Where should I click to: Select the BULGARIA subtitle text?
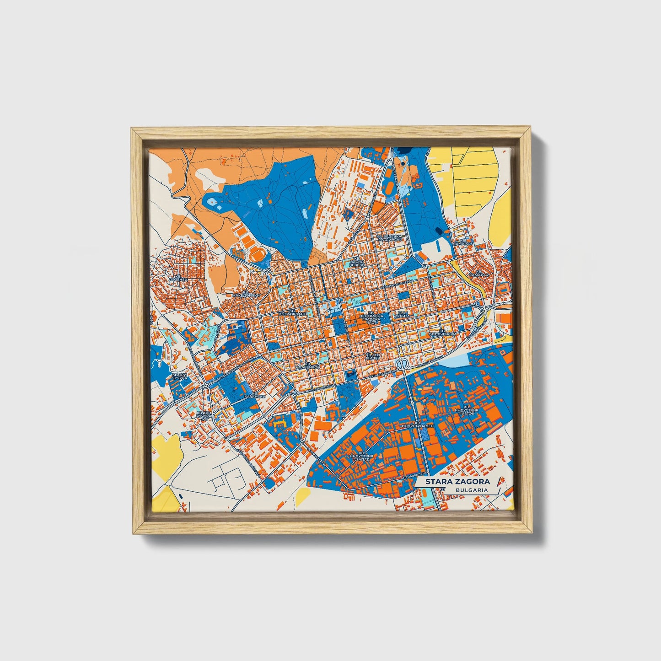coord(471,490)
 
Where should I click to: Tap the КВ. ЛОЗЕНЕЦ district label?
coord(178,277)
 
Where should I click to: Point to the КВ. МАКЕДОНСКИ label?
coord(246,294)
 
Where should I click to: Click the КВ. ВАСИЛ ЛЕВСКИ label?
coord(357,262)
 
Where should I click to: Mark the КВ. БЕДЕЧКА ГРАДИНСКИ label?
coord(389,238)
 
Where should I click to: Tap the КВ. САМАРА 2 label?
coord(481,273)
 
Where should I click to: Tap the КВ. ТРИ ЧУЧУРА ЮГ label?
coord(204,415)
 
